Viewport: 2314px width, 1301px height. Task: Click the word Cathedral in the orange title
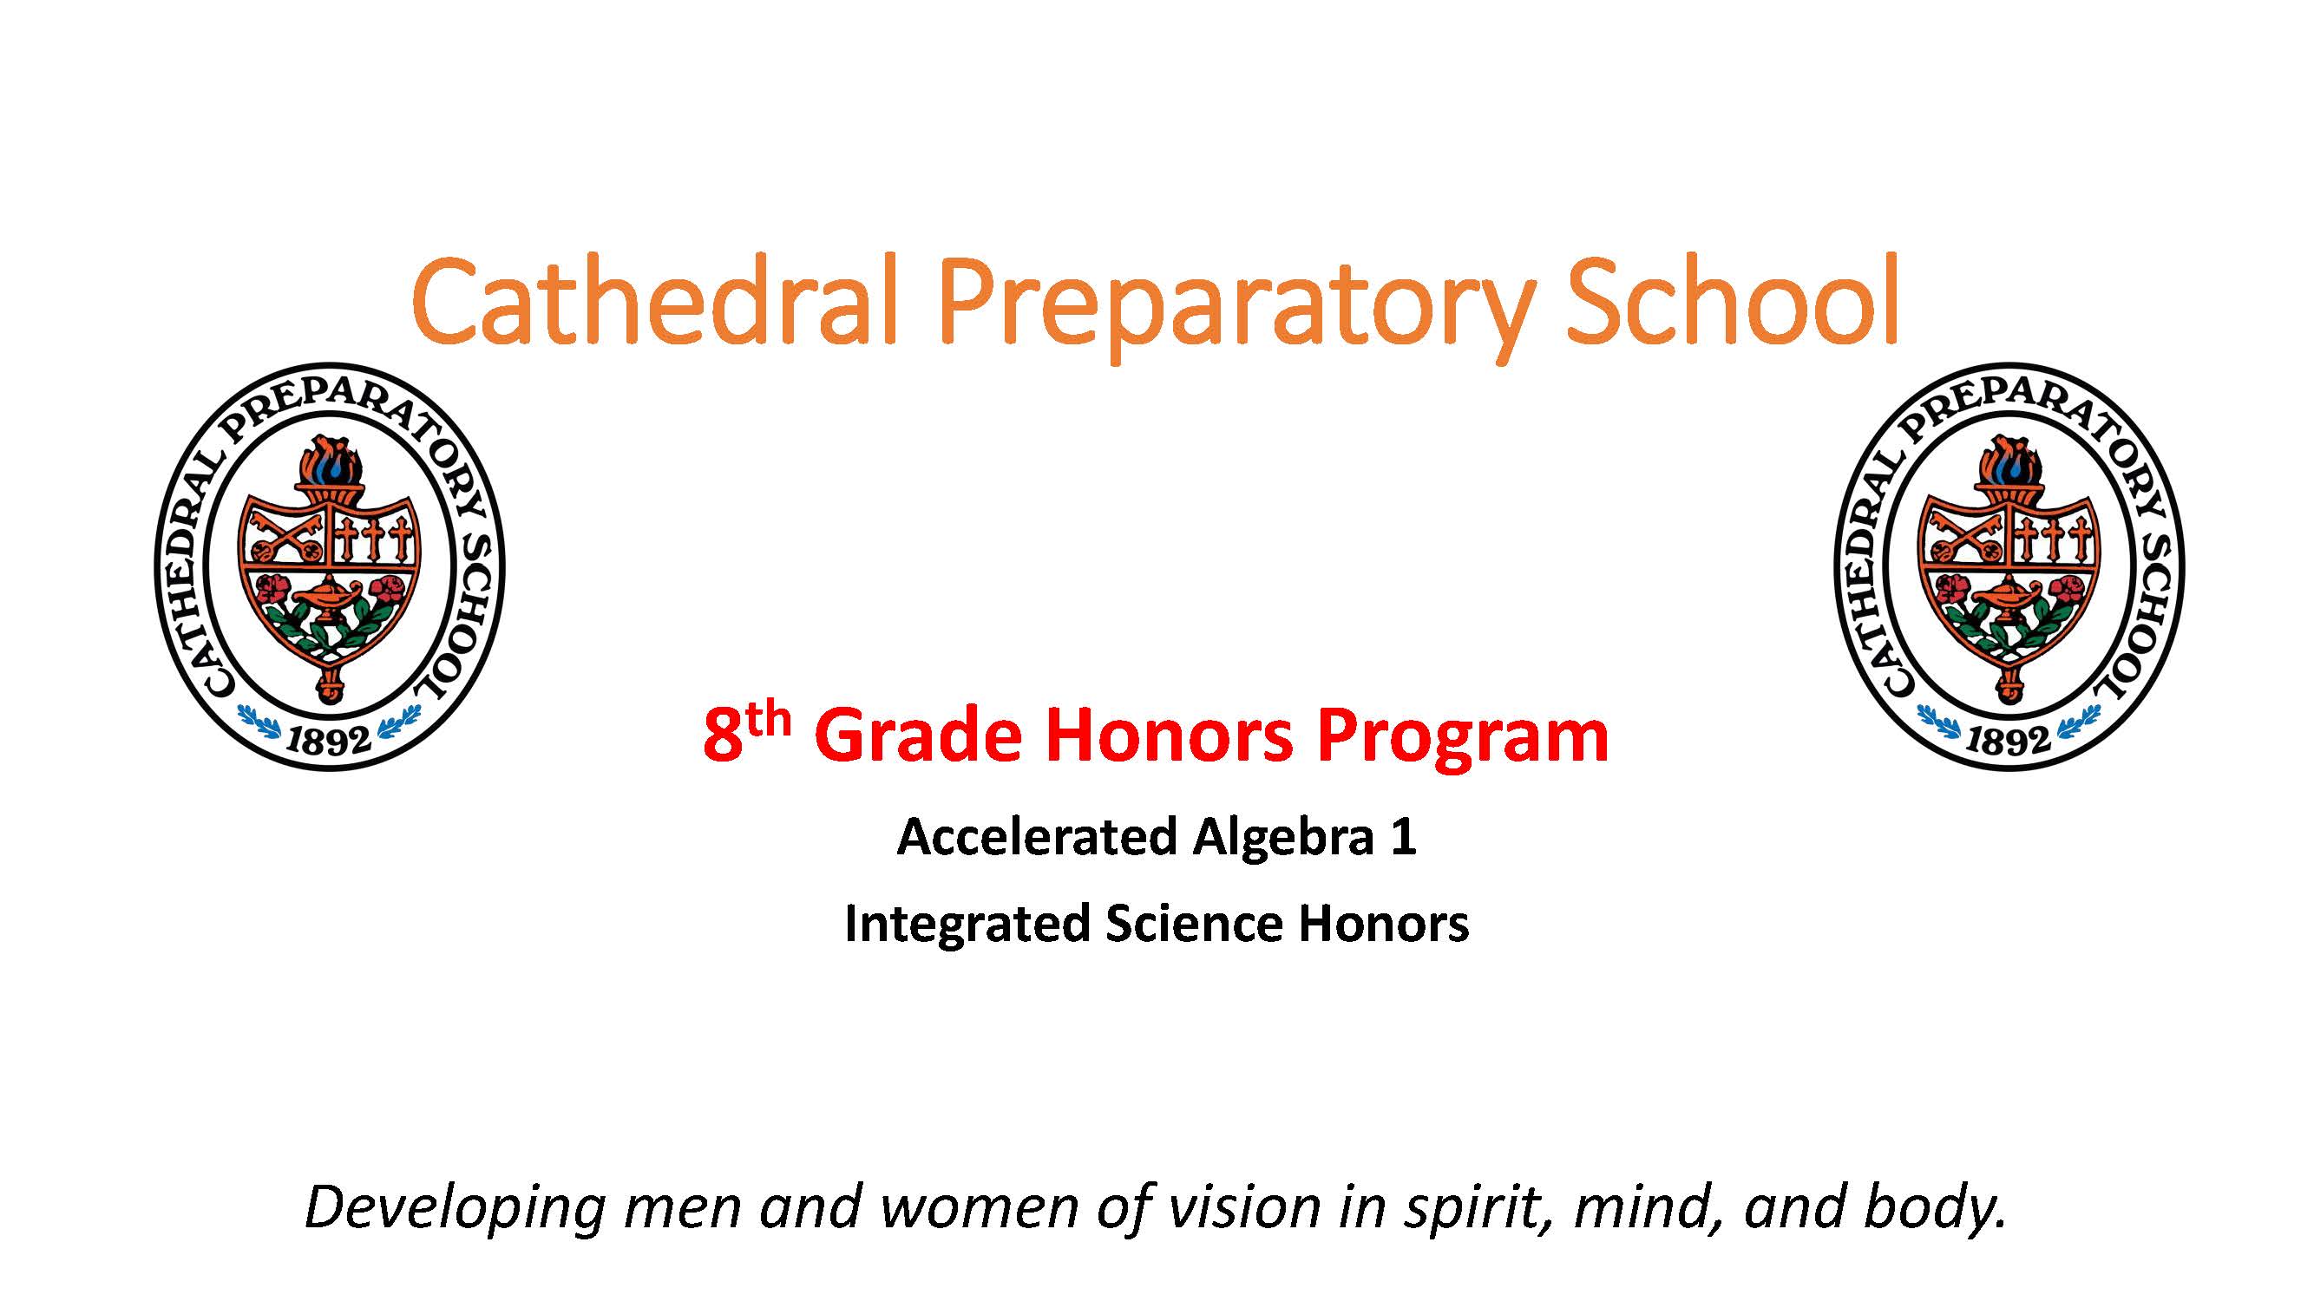pyautogui.click(x=656, y=300)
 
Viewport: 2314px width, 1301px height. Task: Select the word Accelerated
pyautogui.click(x=1037, y=837)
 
